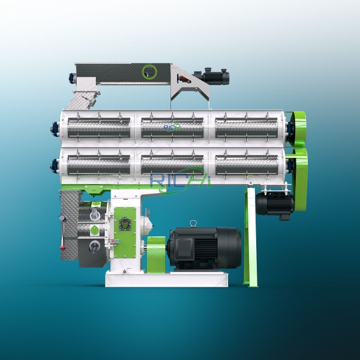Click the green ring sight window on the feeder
point(149,72)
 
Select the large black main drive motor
point(204,248)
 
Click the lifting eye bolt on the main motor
point(193,224)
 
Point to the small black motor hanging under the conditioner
point(275,203)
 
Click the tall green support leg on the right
point(250,240)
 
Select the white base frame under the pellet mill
point(166,278)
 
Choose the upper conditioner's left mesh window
point(99,127)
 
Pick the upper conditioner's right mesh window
point(247,127)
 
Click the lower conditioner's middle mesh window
point(172,164)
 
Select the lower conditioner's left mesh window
point(99,164)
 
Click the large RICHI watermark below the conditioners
point(180,179)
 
